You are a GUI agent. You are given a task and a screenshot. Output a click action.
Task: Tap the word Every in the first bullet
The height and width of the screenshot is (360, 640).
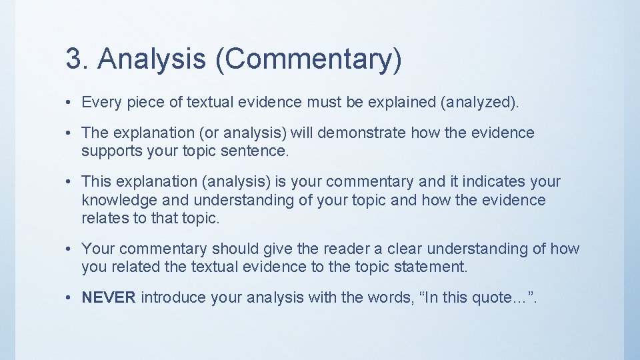point(100,102)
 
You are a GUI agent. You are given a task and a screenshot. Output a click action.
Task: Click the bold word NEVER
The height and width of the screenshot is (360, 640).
point(109,297)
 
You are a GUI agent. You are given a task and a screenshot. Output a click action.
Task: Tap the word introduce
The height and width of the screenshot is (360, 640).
point(174,297)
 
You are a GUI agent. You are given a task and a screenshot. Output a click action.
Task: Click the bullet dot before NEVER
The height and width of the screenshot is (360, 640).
point(69,298)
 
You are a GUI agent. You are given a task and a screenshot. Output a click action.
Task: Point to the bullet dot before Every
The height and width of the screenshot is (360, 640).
point(69,103)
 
